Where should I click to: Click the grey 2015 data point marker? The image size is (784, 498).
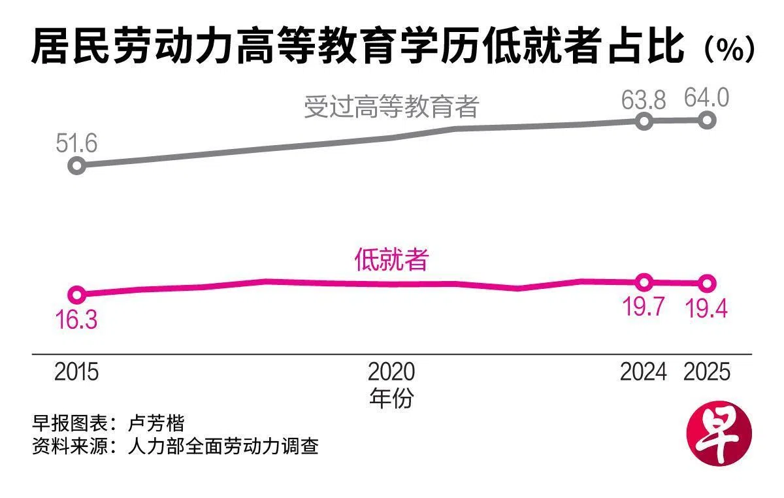coord(76,165)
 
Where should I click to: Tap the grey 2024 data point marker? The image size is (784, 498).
coord(644,121)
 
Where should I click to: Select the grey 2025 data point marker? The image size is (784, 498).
coord(708,120)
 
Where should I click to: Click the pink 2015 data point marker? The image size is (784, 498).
coord(76,295)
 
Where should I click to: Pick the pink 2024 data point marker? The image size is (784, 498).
coord(644,282)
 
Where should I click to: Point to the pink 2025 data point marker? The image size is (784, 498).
coord(708,284)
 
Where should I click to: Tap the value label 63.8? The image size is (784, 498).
coord(644,100)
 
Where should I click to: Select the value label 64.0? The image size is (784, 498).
coord(706,99)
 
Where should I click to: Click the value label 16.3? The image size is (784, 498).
coord(76,320)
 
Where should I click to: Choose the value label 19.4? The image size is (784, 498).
coord(706,307)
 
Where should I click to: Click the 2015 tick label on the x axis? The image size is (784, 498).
coord(76,372)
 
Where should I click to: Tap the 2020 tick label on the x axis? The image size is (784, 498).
coord(391,372)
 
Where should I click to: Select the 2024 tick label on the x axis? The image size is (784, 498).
coord(644,372)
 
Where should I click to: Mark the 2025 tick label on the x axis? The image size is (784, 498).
coord(707,372)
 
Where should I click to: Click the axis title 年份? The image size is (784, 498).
coord(391,398)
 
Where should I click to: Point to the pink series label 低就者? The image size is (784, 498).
coord(391,260)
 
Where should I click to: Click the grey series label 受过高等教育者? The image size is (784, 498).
coord(391,107)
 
